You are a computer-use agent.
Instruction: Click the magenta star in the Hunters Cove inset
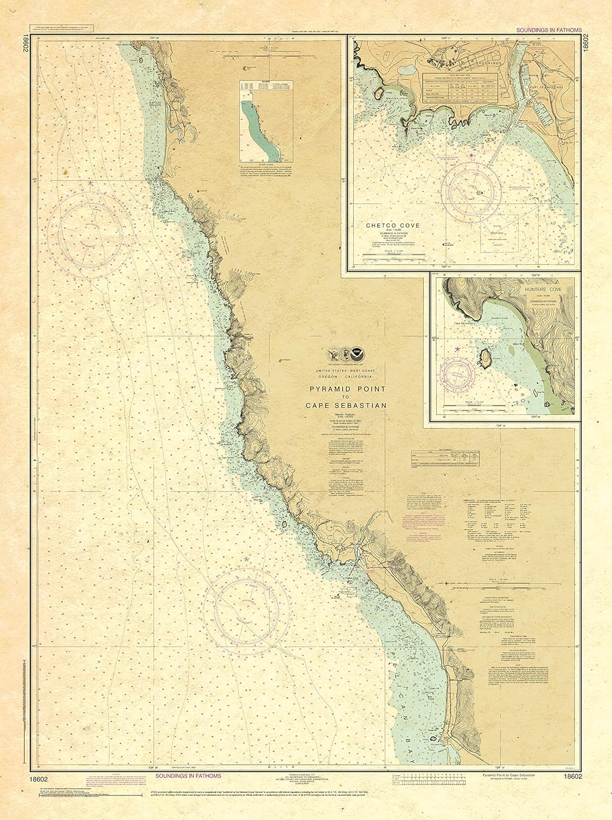click(457, 348)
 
